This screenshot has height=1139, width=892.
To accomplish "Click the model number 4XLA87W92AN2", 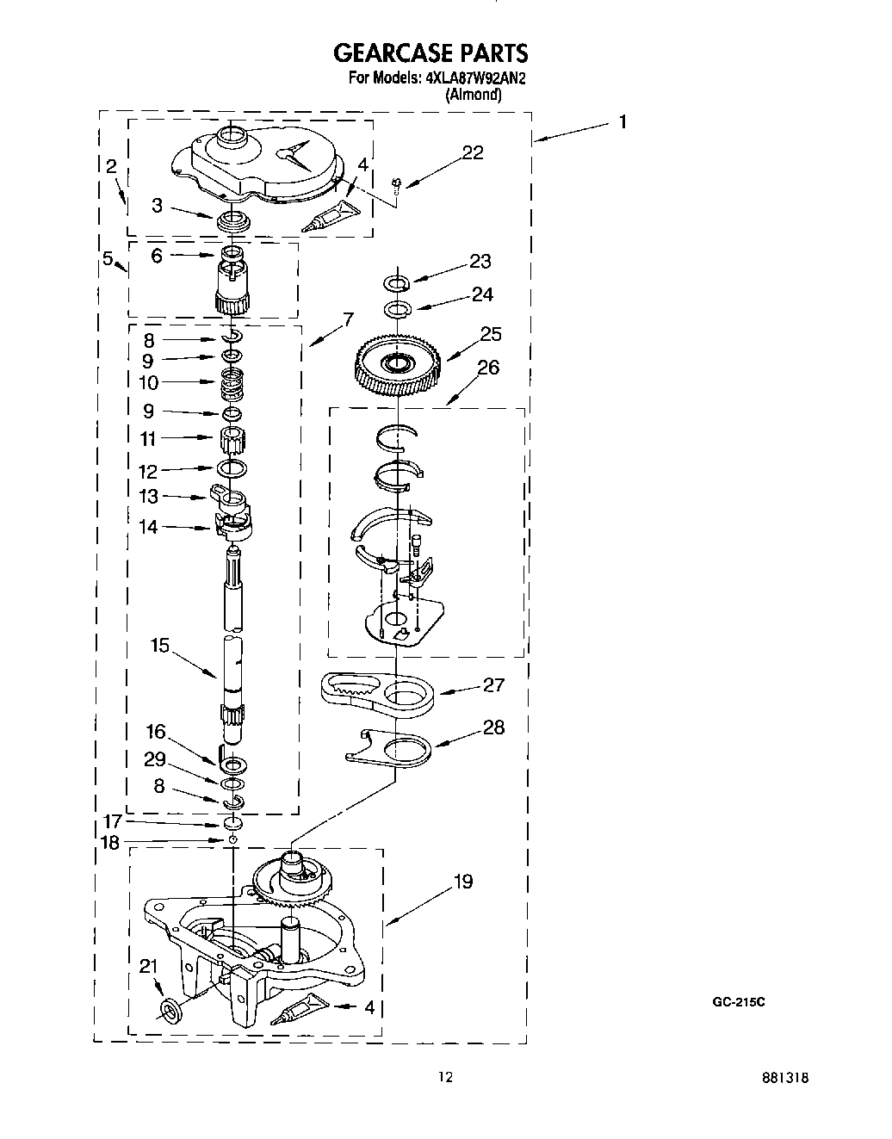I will point(474,78).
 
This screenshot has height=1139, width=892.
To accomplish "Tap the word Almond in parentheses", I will point(473,95).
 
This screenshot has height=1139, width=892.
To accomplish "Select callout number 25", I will point(491,334).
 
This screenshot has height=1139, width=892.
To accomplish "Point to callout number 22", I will point(472,152).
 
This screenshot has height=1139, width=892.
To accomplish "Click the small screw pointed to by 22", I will point(397,183).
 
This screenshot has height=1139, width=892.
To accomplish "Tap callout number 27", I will point(493,684).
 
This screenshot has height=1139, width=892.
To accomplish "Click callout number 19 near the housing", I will point(462,882).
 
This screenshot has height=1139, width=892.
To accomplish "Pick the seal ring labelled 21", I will point(170,1007).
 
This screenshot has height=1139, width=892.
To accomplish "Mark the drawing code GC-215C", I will point(738,1002).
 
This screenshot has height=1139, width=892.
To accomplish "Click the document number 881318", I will point(786,1077).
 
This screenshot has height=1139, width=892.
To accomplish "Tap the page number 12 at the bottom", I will point(445,1076).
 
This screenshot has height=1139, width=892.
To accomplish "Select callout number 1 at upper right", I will point(622,121).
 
